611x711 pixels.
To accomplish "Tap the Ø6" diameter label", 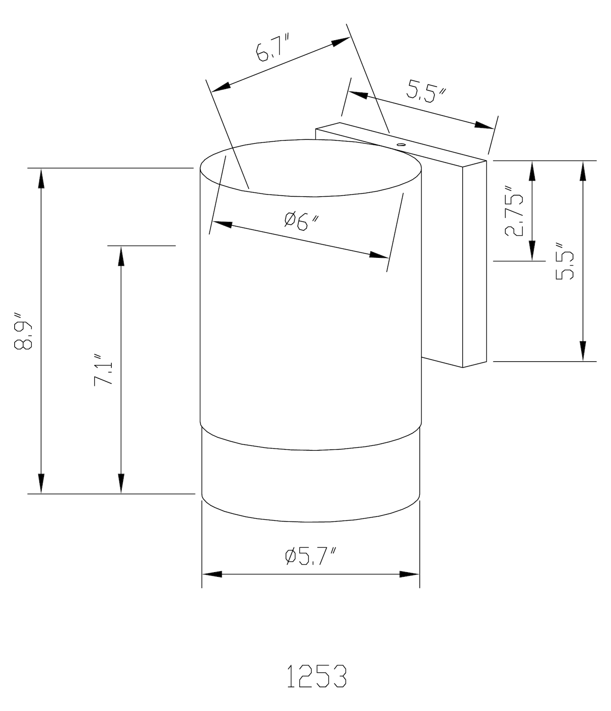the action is [302, 221].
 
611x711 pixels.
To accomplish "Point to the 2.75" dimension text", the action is [513, 211].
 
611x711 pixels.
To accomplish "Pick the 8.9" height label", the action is [23, 331].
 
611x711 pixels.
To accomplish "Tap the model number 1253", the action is [317, 676].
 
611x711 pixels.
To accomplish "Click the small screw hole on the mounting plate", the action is [400, 145].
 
